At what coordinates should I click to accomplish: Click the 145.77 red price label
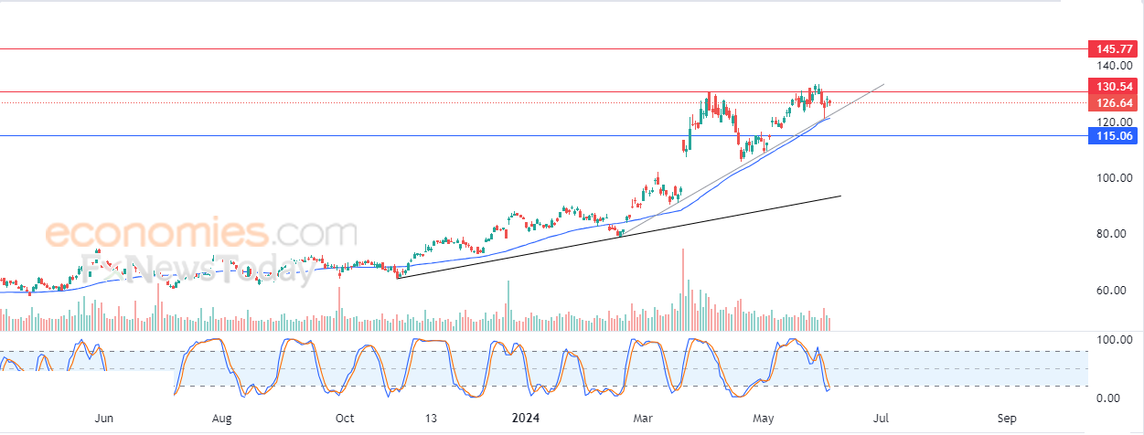(1113, 49)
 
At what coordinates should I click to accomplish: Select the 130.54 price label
(1113, 86)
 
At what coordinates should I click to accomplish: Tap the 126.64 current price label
(1113, 103)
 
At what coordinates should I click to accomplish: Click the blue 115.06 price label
(1113, 136)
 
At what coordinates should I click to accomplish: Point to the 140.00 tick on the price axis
(1115, 66)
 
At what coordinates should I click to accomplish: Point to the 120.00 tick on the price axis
(1115, 122)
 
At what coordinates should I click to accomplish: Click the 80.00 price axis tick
(1111, 234)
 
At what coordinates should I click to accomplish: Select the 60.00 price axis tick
(1111, 291)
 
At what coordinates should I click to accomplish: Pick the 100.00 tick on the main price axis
(1115, 177)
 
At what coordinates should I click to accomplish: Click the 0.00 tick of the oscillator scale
(1107, 398)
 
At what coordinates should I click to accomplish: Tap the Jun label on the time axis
(103, 419)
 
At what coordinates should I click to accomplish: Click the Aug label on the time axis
(221, 419)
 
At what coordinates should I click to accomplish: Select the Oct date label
(345, 419)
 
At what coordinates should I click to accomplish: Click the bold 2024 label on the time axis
(526, 419)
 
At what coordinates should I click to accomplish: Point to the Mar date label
(643, 419)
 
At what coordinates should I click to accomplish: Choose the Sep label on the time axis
(1007, 419)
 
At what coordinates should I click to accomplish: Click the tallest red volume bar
(683, 290)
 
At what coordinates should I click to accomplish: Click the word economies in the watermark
(156, 233)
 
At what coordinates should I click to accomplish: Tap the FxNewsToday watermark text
(198, 269)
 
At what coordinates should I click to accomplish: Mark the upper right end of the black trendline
(840, 196)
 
